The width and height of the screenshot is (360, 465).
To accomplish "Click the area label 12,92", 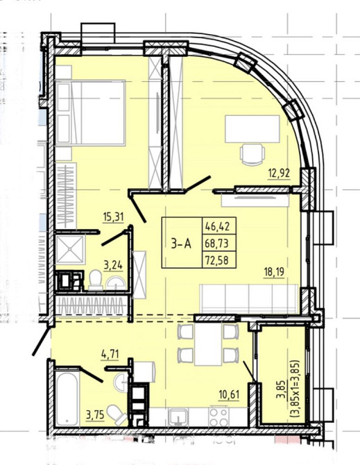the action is (x=279, y=172).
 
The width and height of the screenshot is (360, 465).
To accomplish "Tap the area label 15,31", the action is (x=113, y=217).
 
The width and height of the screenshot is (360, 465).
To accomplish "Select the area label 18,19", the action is (x=274, y=271).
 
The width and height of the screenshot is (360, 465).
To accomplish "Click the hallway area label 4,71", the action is (x=110, y=354).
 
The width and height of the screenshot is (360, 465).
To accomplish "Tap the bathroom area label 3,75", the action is (x=95, y=415).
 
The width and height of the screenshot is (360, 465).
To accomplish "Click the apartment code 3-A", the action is (x=181, y=244).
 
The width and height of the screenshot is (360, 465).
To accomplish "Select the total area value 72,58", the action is (x=217, y=261).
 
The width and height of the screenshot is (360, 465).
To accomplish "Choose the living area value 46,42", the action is (x=217, y=227).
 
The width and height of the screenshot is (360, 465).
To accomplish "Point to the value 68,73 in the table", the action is (x=217, y=244).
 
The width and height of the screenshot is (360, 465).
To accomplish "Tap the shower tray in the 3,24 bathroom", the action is (x=71, y=249).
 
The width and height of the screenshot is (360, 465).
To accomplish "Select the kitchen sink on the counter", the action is (x=178, y=417).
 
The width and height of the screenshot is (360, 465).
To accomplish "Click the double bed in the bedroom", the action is (x=90, y=112).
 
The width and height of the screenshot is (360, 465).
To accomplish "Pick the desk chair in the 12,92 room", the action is (x=252, y=153).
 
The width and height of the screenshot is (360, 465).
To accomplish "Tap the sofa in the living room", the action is (x=249, y=298).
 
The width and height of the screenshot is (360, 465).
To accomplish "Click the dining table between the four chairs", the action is (x=207, y=345).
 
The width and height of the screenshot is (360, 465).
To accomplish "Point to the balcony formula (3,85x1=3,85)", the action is (x=296, y=389).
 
